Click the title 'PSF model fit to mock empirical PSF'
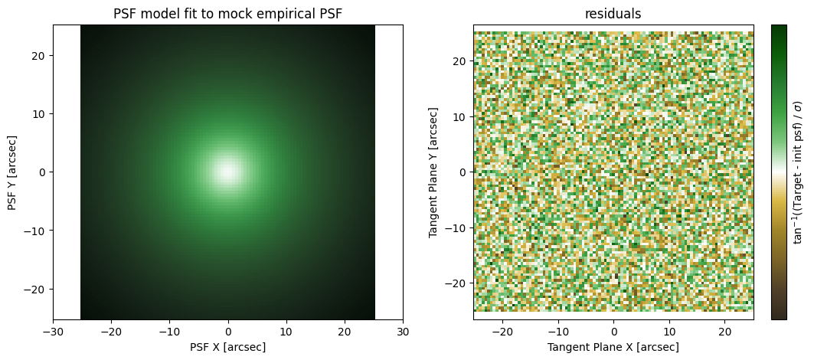(228, 14)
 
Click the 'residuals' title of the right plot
(613, 14)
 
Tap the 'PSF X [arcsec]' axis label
(228, 346)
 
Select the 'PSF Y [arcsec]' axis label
(11, 172)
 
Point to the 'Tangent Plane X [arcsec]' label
(613, 346)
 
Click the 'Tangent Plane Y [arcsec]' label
(433, 172)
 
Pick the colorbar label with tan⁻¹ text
(798, 172)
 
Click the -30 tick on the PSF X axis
(53, 332)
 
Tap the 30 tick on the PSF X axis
(403, 332)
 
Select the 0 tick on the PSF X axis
(228, 332)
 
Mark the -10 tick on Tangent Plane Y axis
(459, 227)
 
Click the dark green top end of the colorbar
(779, 29)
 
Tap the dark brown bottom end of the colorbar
(779, 315)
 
